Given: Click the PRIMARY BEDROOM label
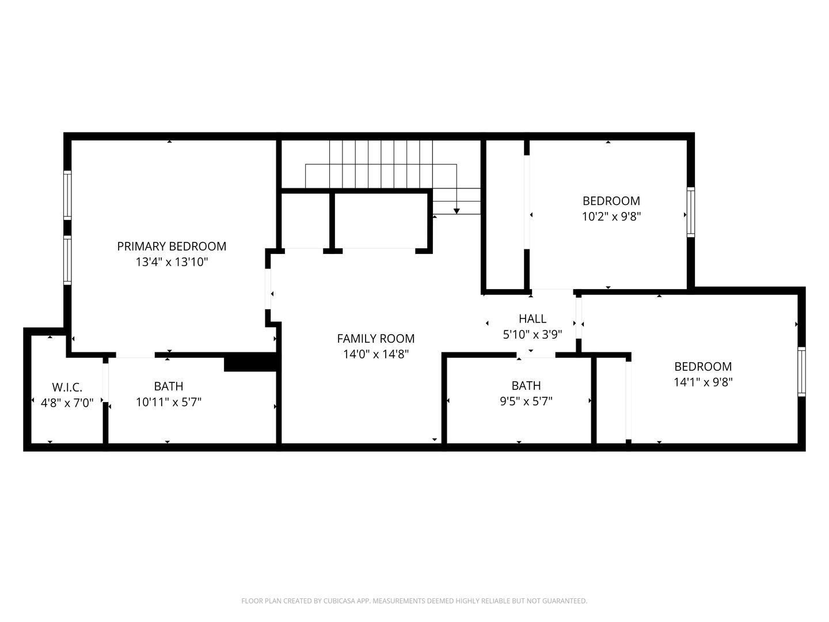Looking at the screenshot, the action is pos(172,246).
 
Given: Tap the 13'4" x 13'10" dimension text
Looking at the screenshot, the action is pos(172,261).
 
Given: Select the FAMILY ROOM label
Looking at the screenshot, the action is pos(376,339).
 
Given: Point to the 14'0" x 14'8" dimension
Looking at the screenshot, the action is pos(376,354).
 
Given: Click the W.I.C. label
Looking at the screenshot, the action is pos(67,387).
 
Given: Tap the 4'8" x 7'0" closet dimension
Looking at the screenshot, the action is pos(67,403).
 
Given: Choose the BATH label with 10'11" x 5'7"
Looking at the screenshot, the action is pos(169,386).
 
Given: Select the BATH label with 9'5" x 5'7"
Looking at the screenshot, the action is pos(526,385).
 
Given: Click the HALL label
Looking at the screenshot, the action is pos(533,318).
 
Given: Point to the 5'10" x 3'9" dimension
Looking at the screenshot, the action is pos(533,335).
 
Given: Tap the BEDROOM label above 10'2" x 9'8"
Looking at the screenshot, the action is pos(611,200).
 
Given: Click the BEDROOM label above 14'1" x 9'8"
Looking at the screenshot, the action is pos(703,366).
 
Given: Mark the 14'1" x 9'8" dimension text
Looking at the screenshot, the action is pos(703,382).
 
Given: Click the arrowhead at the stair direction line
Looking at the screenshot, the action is pos(457,211).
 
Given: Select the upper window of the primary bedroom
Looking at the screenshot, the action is pos(67,195).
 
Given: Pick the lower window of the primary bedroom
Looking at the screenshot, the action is pos(67,260).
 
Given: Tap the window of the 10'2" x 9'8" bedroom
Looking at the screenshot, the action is pos(691,213).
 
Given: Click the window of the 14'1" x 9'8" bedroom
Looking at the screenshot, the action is pos(801,371).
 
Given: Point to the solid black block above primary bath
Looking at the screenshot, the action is pos(251,362).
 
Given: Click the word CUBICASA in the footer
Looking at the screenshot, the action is pos(340,601).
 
